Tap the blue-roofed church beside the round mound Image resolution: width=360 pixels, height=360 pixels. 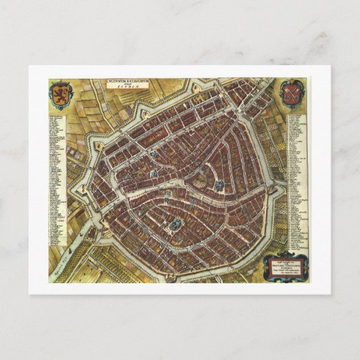click(x=219, y=184)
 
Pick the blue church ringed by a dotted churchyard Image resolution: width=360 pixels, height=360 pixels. click(x=176, y=223)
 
